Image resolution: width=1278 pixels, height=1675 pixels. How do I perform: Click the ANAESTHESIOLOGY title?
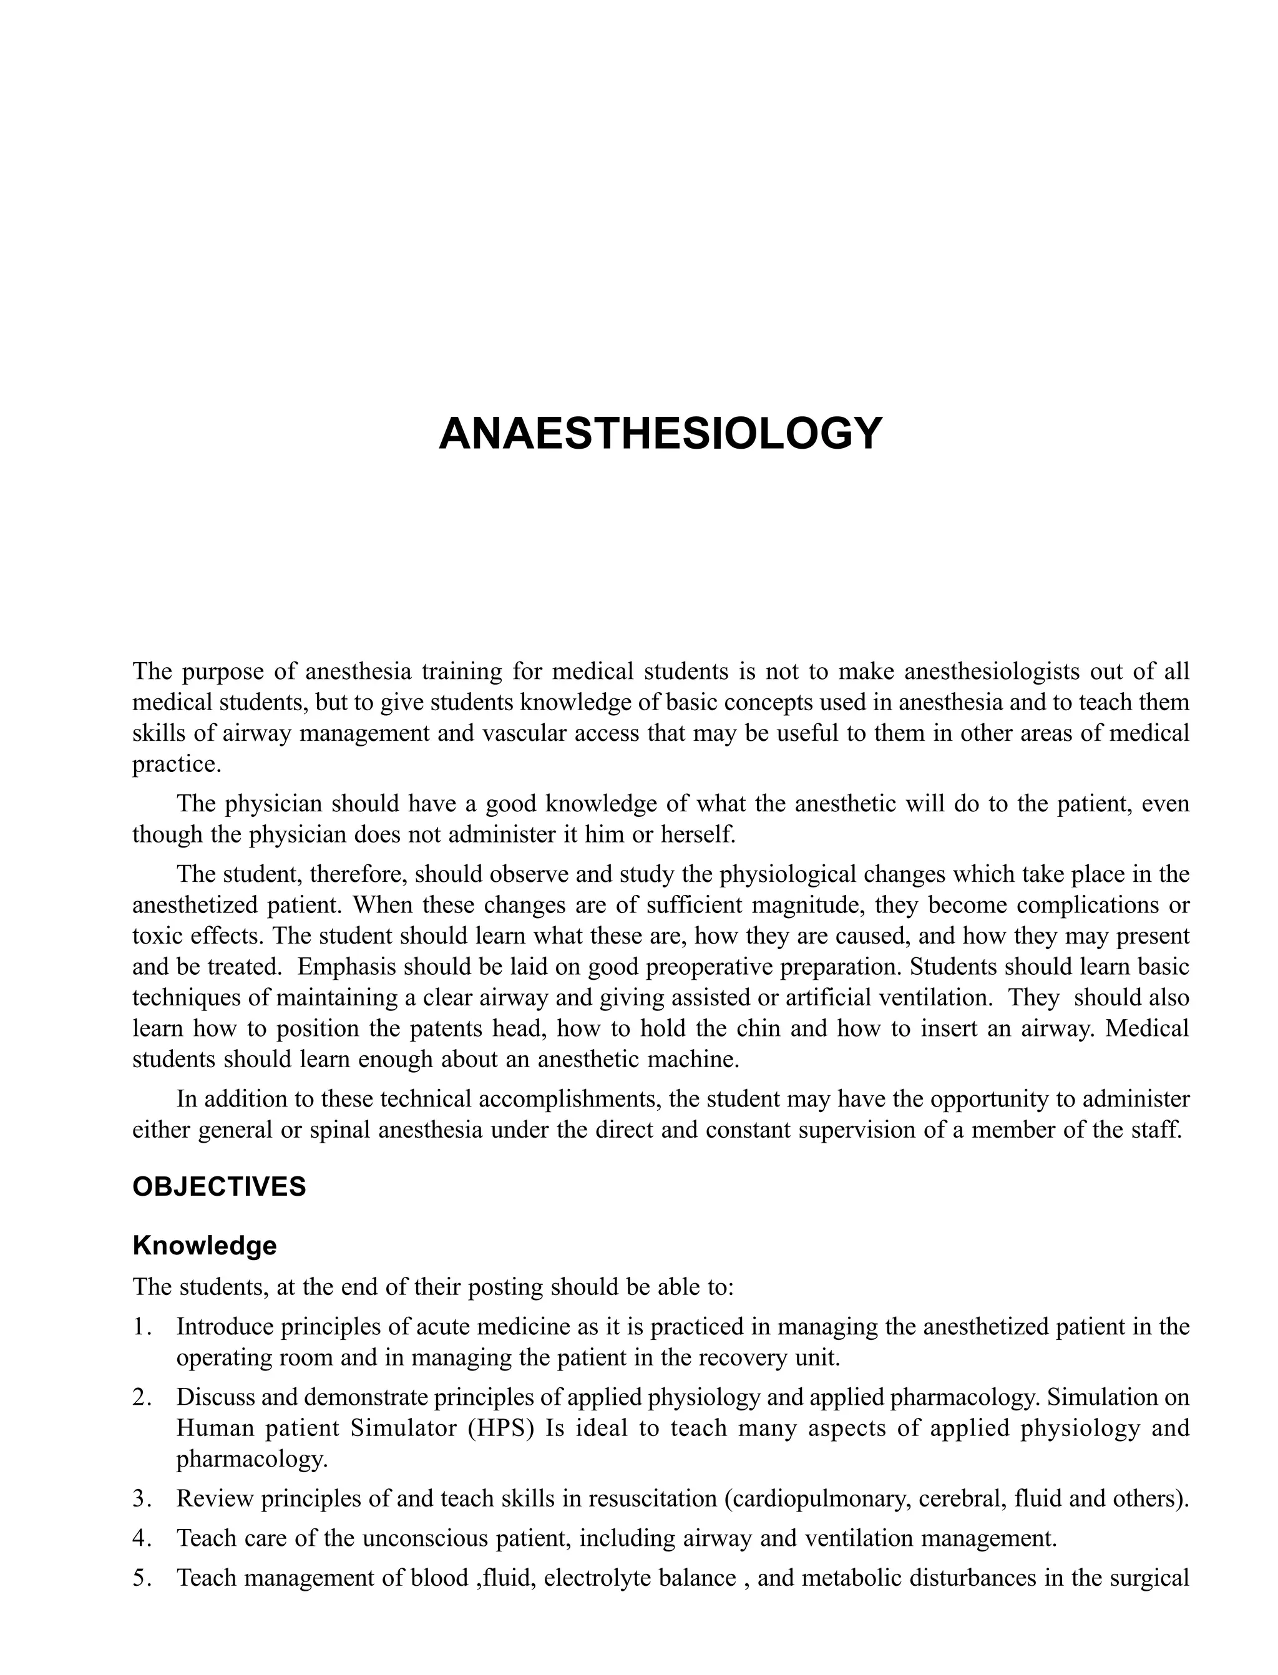(660, 434)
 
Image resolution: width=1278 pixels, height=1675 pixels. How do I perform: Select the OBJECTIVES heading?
(219, 1186)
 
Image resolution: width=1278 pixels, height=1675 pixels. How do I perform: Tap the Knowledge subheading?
(205, 1245)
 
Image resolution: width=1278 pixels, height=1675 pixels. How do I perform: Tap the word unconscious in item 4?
(427, 1538)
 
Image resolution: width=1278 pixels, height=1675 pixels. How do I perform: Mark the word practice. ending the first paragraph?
(177, 764)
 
